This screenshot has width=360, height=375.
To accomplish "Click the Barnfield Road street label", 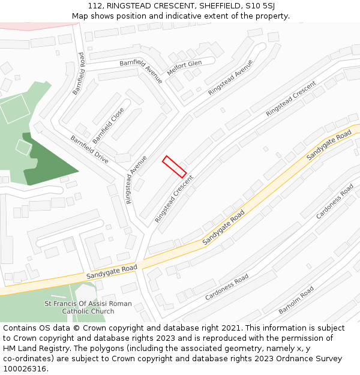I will pos(79,73).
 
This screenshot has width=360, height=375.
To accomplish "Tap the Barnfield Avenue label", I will pos(141,71).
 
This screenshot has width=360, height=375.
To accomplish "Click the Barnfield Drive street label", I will pos(89,149).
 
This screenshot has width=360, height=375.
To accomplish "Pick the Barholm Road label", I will pos(296,301).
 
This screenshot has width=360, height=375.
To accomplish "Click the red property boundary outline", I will pos(174,166).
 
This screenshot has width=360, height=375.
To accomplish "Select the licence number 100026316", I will pos(25,369).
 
